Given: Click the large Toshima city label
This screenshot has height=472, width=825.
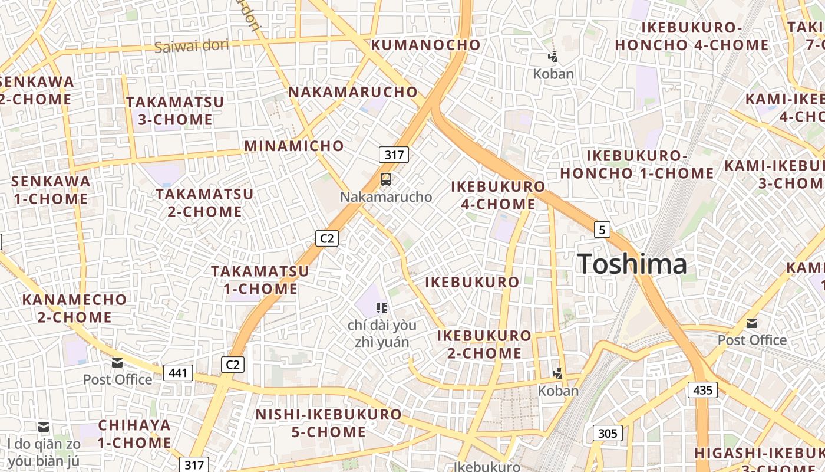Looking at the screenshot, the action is point(632,264).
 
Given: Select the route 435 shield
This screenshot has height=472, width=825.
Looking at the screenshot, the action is point(702,389).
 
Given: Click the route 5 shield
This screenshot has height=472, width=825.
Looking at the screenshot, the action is point(601,230).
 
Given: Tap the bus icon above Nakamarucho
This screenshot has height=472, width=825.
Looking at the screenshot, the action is point(386,179).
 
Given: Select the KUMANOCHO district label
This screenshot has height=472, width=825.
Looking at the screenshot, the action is point(425,45).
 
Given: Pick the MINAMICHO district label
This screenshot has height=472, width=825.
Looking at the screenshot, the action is point(294,146).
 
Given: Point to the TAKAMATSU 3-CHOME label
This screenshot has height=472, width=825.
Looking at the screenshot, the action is point(175,111).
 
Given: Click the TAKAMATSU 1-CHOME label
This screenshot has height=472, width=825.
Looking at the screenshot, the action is point(260,280).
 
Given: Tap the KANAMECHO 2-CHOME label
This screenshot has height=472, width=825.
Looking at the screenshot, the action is point(74,308).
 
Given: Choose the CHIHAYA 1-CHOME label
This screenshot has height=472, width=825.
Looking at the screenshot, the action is point(134,434).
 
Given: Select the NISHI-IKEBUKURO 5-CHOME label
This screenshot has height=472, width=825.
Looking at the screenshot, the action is point(328,423).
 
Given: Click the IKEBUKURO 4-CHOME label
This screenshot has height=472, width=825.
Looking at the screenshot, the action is point(498,195).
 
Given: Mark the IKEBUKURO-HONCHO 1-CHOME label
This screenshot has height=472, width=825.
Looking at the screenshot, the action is point(636,165).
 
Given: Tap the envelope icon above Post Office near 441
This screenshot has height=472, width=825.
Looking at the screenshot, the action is point(117,363).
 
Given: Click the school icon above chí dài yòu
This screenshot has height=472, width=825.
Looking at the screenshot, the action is point(382,307).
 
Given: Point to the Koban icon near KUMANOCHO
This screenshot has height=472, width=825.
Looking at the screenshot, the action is point(553,57).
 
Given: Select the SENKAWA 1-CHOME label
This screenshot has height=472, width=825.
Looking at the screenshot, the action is point(51,190).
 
